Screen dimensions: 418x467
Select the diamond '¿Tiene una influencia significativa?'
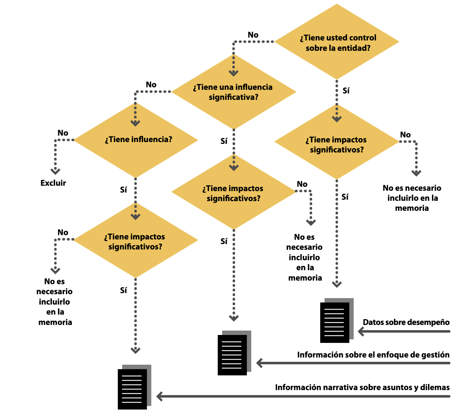pyautogui.click(x=234, y=92)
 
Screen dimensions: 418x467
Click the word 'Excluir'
pyautogui.click(x=53, y=183)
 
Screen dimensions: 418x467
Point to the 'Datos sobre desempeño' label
pyautogui.click(x=406, y=322)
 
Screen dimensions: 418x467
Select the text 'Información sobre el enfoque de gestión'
pyautogui.click(x=373, y=355)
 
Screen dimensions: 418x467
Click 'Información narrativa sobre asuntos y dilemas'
pyautogui.click(x=362, y=387)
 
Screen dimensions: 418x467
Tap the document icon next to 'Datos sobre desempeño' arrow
pyautogui.click(x=336, y=321)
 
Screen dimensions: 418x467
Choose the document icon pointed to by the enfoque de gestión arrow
pyautogui.click(x=233, y=354)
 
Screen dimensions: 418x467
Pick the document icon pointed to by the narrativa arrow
pyautogui.click(x=133, y=388)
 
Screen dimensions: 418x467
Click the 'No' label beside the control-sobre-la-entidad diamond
pyautogui.click(x=253, y=35)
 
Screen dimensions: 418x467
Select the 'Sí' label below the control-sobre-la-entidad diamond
pyautogui.click(x=346, y=91)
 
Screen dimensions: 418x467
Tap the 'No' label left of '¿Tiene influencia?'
pyautogui.click(x=63, y=133)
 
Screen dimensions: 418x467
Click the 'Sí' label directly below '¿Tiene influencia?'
pyautogui.click(x=123, y=190)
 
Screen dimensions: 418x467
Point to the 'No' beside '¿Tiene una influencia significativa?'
pyautogui.click(x=151, y=85)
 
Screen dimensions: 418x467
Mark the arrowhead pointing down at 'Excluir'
pyautogui.click(x=55, y=171)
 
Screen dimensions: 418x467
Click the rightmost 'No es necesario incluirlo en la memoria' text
pyautogui.click(x=412, y=198)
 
